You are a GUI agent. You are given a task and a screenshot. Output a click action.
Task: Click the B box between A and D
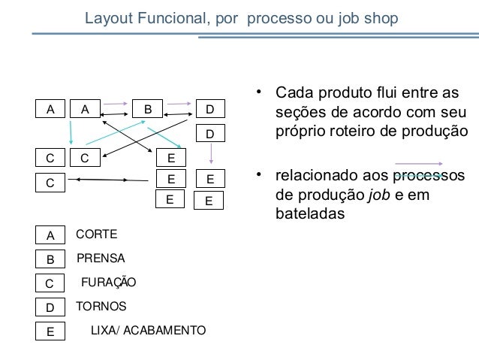pyautogui.click(x=148, y=109)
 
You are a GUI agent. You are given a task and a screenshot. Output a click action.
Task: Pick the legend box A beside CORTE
pyautogui.click(x=50, y=235)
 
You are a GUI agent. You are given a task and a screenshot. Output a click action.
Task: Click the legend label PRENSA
pyautogui.click(x=101, y=259)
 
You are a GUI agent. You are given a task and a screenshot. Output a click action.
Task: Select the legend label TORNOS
pyautogui.click(x=101, y=307)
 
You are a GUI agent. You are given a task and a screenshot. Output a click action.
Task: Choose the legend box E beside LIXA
pyautogui.click(x=50, y=331)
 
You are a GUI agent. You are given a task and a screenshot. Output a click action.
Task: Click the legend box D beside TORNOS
pyautogui.click(x=50, y=307)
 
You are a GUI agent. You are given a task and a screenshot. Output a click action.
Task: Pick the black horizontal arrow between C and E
pyautogui.click(x=110, y=180)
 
